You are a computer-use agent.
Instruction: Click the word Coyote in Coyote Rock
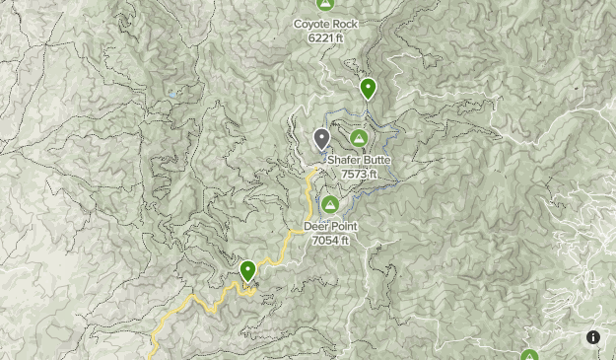312,24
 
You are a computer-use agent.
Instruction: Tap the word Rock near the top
345,24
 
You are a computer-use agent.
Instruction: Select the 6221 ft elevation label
325,38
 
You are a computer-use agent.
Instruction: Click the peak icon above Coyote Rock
325,4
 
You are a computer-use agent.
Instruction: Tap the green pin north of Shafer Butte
368,89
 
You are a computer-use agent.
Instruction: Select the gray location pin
321,139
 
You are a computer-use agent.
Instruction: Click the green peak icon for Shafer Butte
359,139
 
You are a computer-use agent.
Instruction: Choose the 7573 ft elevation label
359,175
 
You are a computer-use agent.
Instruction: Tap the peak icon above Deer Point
331,205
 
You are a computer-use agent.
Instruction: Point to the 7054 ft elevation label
330,240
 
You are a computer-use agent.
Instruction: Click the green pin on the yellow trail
247,269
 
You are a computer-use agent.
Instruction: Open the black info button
593,337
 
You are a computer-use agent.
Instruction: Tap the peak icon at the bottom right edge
529,355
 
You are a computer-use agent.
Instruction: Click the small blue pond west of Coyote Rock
174,95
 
